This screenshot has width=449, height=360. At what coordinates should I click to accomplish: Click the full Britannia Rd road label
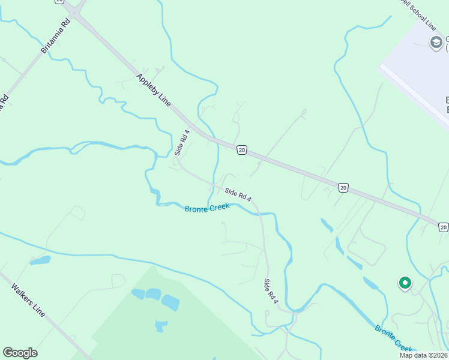point(56,36)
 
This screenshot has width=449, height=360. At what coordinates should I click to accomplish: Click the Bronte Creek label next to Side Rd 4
point(207,208)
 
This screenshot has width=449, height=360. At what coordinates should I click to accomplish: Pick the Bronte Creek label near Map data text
point(394,338)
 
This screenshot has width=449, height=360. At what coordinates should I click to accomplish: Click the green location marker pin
point(405,283)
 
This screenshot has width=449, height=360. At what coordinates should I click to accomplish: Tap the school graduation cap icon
point(436,41)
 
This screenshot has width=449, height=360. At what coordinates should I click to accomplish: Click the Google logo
point(20,352)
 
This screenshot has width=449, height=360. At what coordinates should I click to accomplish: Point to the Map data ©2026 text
point(423,355)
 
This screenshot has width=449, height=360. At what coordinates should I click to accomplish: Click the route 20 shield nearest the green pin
point(443,226)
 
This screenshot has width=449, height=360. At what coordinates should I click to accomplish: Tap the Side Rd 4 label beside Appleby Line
point(182,143)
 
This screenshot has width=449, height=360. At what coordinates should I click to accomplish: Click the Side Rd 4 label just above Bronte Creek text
point(238,194)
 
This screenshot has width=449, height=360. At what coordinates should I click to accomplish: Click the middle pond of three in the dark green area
point(153,294)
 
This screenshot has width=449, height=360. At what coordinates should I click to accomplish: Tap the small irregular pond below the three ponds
point(160,326)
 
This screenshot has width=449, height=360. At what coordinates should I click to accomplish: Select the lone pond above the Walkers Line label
point(40,260)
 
